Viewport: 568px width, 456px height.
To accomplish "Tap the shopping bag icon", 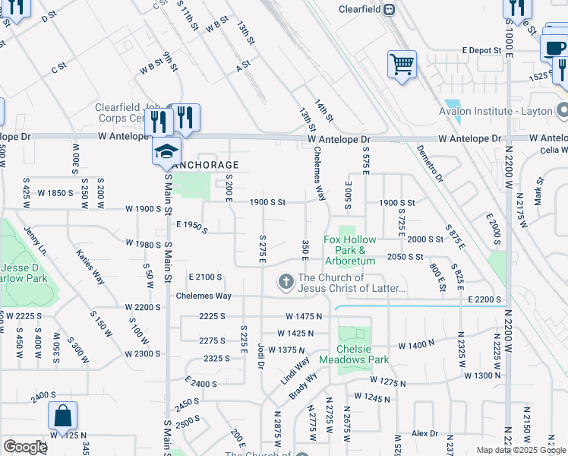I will point(62,416).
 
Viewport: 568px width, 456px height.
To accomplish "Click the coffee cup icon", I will point(555,48).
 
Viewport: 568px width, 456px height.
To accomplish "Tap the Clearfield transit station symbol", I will point(389,9).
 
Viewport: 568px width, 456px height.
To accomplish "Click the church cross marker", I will point(286,283).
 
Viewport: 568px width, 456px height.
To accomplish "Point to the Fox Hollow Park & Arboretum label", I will point(350,250).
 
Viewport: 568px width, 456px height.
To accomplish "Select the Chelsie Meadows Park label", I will point(354,354).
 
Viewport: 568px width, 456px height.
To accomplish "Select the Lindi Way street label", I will point(294,363).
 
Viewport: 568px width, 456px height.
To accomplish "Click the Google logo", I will point(25,447).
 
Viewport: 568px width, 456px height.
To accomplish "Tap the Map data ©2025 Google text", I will point(520,450).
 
